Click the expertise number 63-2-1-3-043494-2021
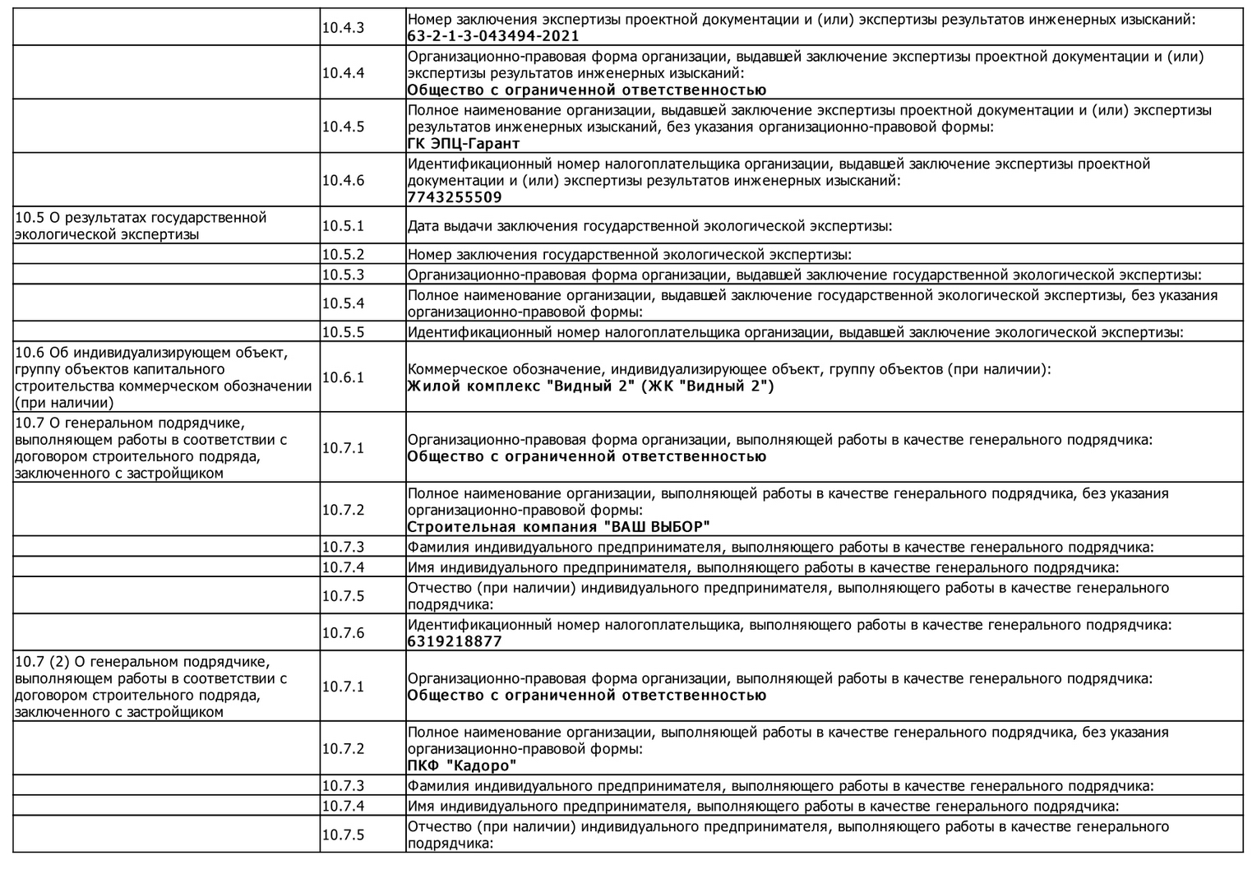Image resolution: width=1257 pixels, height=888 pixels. coord(493,36)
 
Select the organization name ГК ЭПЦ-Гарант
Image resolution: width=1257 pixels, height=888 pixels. coord(464,144)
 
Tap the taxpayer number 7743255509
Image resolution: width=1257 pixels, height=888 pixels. coord(455,197)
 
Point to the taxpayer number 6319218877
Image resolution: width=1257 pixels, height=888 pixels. coord(455,641)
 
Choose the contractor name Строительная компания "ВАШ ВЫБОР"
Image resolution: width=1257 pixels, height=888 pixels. coord(558,527)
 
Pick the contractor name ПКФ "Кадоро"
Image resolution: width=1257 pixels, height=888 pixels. coord(462,766)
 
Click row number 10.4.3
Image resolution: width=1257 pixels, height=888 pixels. coord(343,27)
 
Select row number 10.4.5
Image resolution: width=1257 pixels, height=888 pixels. coord(343,127)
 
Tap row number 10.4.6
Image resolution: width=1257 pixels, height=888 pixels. coord(343,180)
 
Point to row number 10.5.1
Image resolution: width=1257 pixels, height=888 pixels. coord(343,225)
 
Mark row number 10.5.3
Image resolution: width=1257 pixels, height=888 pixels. coord(343,275)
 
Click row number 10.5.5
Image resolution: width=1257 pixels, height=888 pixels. coord(343,332)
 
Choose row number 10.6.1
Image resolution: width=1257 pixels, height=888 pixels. coord(343,377)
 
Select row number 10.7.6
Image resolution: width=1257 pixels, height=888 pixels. coord(343,632)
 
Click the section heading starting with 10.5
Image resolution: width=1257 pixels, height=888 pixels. coord(141,226)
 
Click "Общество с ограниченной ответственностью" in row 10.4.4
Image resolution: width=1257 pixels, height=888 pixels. coord(586,90)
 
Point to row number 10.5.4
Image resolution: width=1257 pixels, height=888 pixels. coord(343,303)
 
